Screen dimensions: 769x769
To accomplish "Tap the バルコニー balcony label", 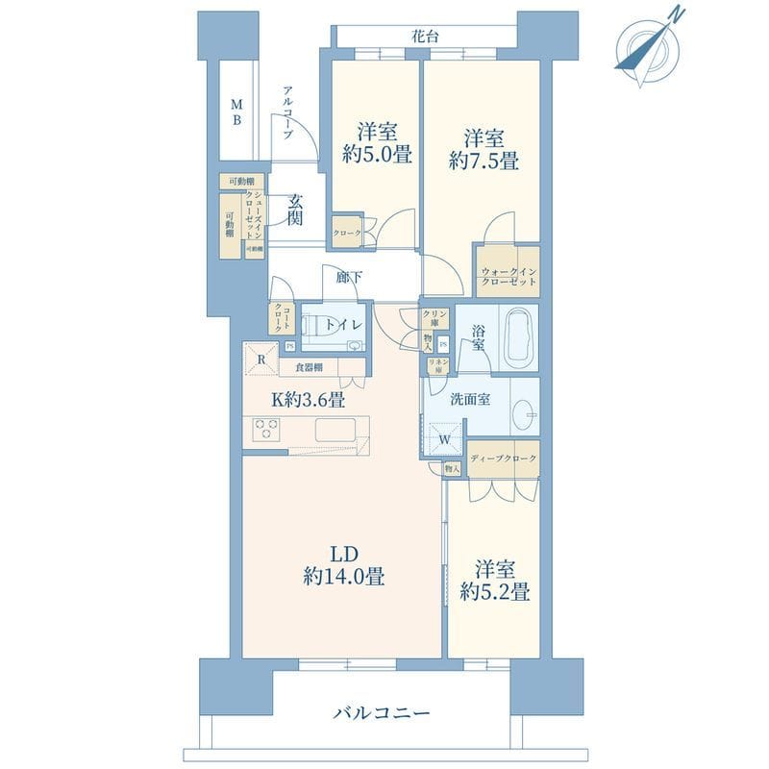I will point(383,713).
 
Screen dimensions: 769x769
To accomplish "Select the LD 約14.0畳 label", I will point(344,566).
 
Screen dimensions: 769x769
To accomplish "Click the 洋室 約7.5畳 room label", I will point(484,149).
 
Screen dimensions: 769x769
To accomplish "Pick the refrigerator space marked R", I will point(261,359).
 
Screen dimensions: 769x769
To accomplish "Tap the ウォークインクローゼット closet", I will point(507,276).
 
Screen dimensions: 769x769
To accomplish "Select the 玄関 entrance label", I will point(294,210).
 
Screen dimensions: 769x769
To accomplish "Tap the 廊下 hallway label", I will point(349,278).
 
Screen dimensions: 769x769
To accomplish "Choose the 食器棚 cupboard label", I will point(309,367).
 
